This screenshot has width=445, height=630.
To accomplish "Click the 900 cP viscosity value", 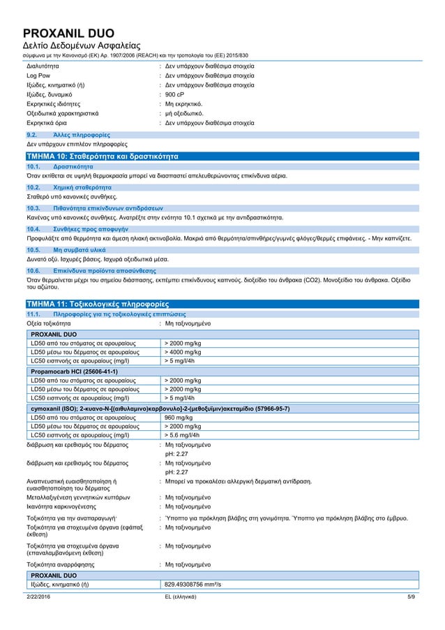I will [x=174, y=93].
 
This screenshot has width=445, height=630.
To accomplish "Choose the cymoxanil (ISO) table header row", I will [x=160, y=408].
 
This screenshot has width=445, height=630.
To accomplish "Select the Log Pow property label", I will [x=38, y=74].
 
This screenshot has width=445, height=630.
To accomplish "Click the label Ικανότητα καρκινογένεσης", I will [x=67, y=506].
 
